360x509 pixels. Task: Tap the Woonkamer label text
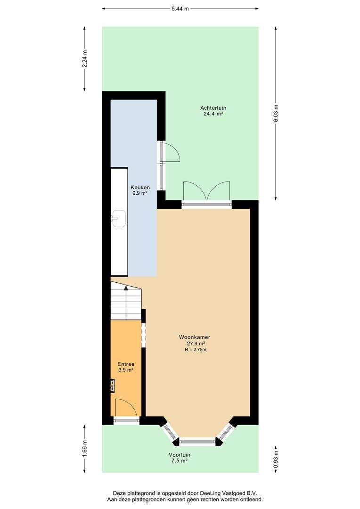[x=194, y=337]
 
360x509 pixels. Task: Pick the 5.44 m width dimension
[x=180, y=8]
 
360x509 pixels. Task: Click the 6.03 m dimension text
[x=276, y=113]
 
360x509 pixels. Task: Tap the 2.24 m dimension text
[x=85, y=58]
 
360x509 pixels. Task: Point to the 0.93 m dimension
[x=276, y=458]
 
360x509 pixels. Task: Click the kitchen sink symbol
[x=118, y=218]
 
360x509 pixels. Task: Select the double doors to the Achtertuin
[x=207, y=191]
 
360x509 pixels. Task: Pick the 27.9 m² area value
[x=194, y=344]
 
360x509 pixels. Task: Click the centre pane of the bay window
[x=197, y=442]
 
